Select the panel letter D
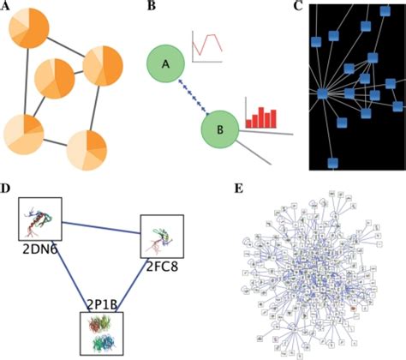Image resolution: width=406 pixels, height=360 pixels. coord(6,186)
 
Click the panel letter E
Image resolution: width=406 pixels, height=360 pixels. coord(237,186)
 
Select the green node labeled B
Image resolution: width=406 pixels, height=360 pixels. coord(220,131)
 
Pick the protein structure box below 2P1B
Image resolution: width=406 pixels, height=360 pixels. coord(102,333)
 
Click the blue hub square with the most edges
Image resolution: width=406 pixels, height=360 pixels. coord(323,93)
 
